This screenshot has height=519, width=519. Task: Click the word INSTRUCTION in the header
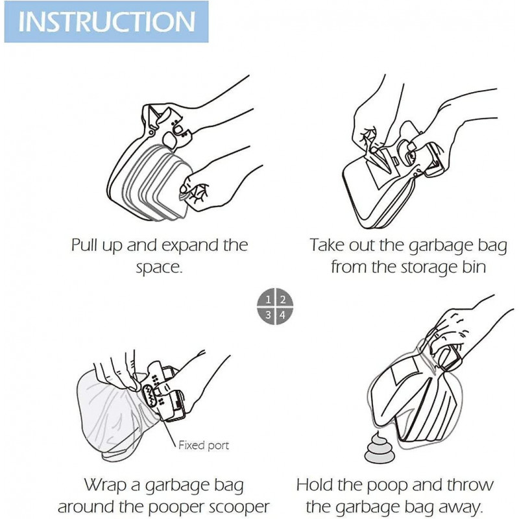click(x=107, y=21)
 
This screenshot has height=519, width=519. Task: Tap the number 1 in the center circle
click(x=267, y=300)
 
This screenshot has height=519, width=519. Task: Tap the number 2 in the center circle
click(x=282, y=300)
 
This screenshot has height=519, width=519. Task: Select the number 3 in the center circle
click(x=267, y=315)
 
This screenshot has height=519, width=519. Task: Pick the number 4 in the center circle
click(x=282, y=315)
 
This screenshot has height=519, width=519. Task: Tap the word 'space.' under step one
click(x=160, y=267)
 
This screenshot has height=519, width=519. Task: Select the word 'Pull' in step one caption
click(x=86, y=246)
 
